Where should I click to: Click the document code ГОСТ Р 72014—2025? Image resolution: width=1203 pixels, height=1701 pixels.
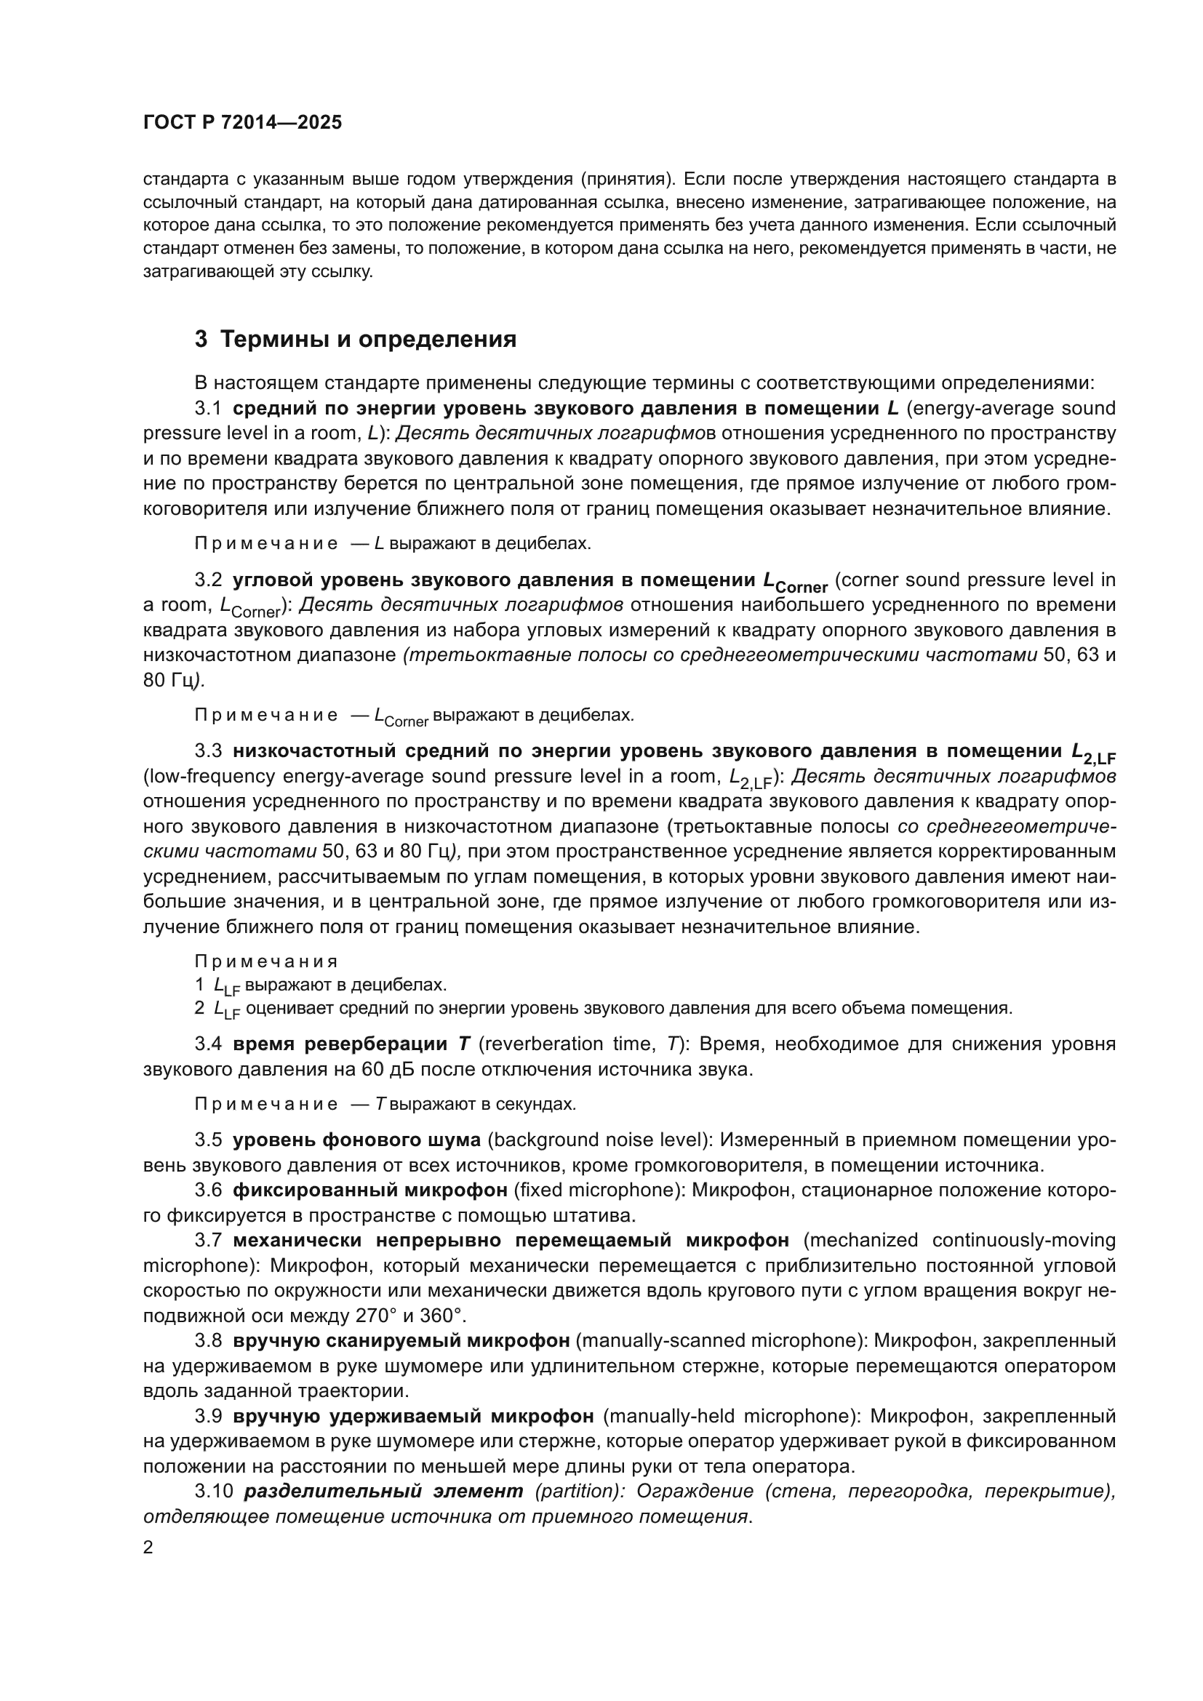(x=242, y=123)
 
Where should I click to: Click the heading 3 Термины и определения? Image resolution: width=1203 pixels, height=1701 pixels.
(x=355, y=340)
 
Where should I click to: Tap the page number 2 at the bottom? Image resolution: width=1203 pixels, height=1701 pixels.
(x=148, y=1548)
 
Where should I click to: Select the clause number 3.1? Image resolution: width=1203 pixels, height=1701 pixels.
(x=208, y=408)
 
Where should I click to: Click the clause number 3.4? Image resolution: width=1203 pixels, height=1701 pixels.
(x=208, y=1044)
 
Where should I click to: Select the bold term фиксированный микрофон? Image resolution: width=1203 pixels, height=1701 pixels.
(x=369, y=1190)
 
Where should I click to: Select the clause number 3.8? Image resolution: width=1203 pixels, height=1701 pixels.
(x=208, y=1340)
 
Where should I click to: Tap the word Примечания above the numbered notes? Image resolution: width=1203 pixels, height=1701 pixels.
(x=266, y=961)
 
